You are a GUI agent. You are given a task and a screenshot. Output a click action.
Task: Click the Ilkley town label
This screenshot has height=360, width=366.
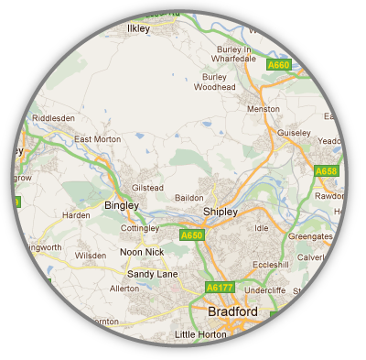(x=137, y=29)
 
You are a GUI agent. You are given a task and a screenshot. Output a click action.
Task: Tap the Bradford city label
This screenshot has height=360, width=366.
(x=232, y=311)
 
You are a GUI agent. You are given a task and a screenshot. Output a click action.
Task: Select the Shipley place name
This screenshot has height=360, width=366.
(x=220, y=212)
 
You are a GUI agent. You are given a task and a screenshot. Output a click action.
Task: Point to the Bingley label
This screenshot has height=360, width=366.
(x=122, y=205)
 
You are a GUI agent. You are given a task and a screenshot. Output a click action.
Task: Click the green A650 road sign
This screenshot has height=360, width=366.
(x=217, y=235)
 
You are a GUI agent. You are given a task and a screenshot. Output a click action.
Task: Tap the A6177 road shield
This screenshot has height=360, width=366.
(x=220, y=288)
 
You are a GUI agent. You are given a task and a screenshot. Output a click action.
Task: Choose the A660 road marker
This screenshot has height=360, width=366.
(x=278, y=65)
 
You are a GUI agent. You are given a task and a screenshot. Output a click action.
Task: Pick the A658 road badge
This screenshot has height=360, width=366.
(x=326, y=171)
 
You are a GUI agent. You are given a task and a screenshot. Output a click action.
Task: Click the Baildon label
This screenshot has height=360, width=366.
(x=188, y=197)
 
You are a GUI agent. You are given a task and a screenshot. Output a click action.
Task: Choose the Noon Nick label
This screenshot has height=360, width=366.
(x=142, y=252)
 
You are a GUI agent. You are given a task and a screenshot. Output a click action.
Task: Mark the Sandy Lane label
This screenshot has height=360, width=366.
(x=153, y=273)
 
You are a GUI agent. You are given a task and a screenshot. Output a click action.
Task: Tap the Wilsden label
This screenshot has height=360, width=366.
(x=91, y=256)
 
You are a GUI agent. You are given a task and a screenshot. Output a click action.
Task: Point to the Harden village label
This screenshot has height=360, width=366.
(x=76, y=216)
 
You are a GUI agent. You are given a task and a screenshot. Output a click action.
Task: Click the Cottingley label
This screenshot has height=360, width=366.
(x=140, y=227)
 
